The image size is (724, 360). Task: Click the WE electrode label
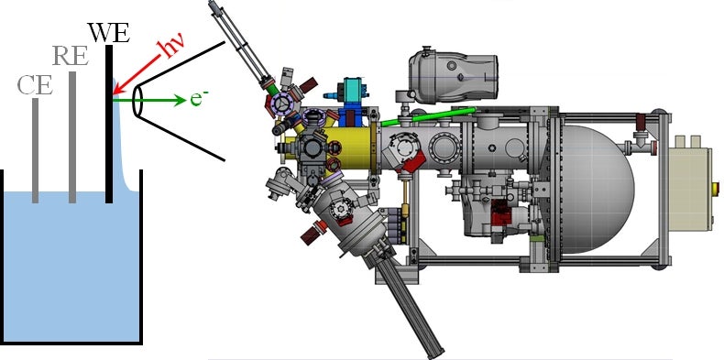tap(108, 33)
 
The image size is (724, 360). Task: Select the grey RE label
tap(70, 56)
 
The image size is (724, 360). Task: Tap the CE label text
tap(35, 85)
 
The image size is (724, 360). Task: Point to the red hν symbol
tap(170, 49)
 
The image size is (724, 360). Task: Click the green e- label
tap(200, 99)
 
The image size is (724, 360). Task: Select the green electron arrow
tap(149, 100)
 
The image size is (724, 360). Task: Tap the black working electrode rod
tap(109, 124)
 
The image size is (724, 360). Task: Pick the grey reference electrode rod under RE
tap(72, 137)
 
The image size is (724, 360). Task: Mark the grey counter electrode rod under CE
tap(35, 150)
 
